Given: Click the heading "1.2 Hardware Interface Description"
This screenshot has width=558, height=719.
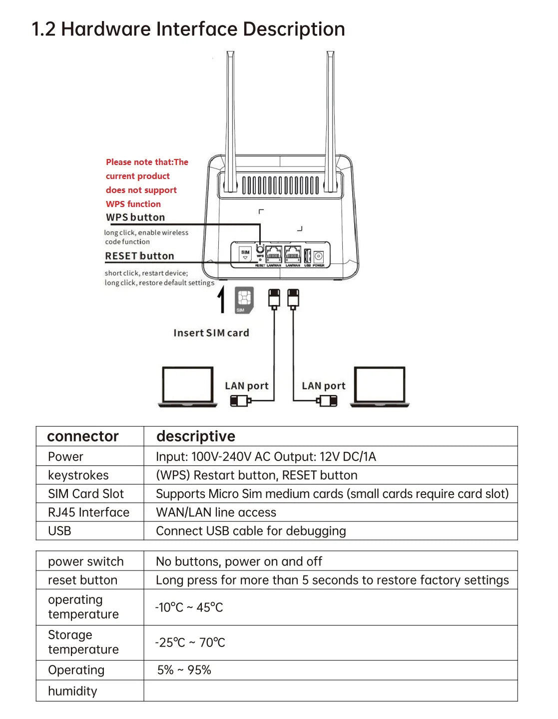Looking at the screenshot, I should pos(188,29).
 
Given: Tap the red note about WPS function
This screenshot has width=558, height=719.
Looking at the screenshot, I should pos(146,183).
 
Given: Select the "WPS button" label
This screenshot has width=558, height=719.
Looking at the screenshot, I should pos(135,217).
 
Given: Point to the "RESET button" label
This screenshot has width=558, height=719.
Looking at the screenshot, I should pos(139,256).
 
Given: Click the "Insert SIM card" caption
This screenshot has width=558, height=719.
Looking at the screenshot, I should pos(211,333).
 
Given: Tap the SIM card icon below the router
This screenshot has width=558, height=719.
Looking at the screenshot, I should pos(244,300).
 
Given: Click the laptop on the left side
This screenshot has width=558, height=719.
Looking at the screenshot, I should pos(188,386).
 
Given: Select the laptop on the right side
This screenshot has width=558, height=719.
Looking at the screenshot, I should pos(380,386).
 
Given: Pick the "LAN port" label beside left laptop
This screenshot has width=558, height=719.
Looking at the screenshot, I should pos(246,386).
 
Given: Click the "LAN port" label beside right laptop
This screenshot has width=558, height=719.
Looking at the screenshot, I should pos(323,386).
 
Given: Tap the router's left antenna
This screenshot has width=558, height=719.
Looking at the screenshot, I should pos(230,120).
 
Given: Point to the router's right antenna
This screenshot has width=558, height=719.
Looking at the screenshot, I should pos(330,120).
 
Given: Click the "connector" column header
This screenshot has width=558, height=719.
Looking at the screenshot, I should pos(83,436).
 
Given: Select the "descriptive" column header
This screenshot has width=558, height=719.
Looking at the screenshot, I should pos(195,436).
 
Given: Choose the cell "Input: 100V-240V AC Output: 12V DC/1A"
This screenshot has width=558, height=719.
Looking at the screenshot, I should pos(266,456).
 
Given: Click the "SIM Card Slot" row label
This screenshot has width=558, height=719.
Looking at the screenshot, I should pos(86,494).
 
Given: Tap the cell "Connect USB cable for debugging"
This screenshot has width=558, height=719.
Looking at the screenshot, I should pos(251,531).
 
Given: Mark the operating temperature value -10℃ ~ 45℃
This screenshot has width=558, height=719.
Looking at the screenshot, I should pos(189,607).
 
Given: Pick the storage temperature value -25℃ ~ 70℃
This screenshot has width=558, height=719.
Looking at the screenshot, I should pos(190,642).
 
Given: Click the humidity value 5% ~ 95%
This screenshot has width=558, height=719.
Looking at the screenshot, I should pos(184,670).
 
